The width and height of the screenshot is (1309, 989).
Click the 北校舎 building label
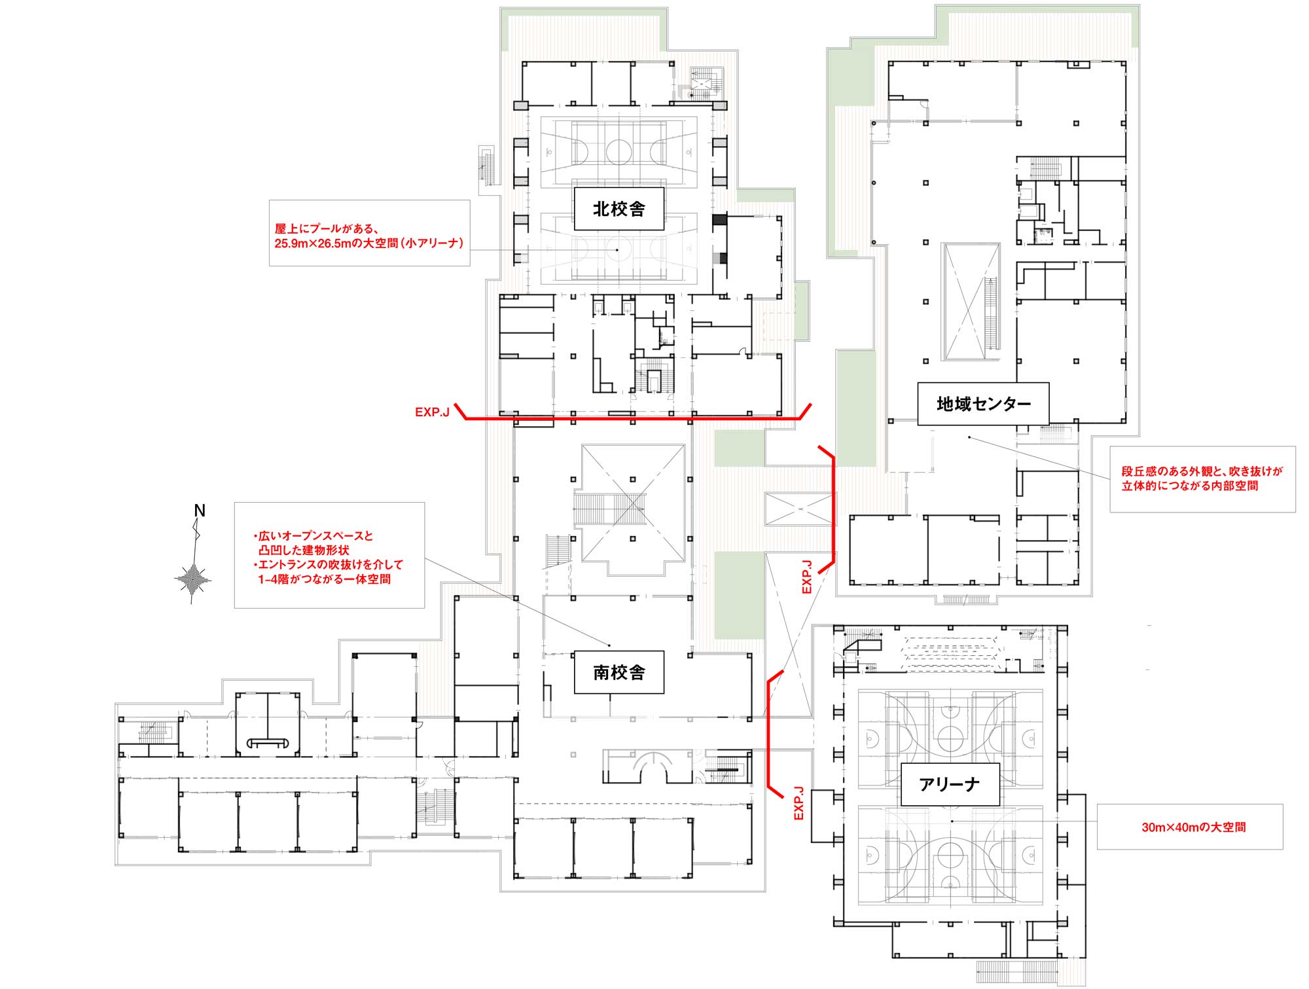pos(619,209)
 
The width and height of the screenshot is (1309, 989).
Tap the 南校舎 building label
pos(619,672)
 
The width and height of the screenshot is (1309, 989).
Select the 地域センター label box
pos(983,404)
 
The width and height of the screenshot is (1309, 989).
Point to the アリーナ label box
pos(950,784)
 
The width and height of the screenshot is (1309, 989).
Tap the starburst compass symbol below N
pos(193,579)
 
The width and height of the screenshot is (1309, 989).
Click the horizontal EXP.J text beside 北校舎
pos(432,412)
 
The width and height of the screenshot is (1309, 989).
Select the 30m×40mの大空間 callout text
pos(1194,827)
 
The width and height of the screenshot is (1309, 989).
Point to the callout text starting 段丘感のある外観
pos(1202,478)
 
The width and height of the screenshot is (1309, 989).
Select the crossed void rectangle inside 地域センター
pos(971,301)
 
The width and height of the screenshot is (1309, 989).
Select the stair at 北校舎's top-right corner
pos(704,82)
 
